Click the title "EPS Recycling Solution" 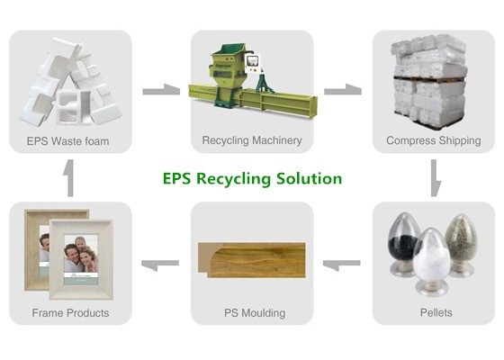(252, 179)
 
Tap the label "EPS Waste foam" (67, 141)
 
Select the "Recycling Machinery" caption (252, 140)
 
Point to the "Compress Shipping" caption (434, 140)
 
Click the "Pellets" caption (436, 312)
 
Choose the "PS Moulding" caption (255, 313)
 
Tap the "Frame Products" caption (70, 313)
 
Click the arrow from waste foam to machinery (161, 90)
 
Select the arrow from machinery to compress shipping (343, 90)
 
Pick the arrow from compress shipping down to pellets (435, 178)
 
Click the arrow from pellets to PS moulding (341, 265)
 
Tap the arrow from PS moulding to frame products (160, 265)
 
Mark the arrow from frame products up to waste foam (70, 178)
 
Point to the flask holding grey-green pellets (461, 245)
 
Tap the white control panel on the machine (252, 62)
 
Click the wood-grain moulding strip (251, 260)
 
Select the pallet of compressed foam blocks (429, 83)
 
